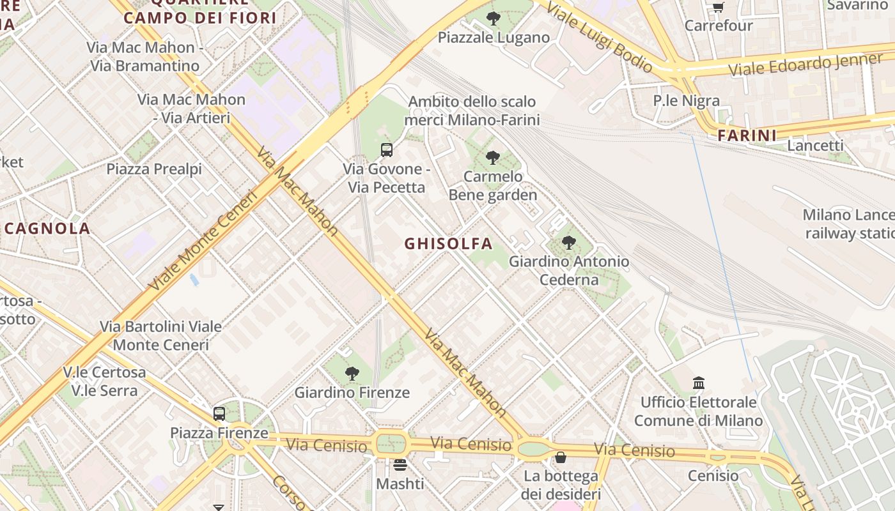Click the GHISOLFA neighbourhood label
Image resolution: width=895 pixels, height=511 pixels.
448,243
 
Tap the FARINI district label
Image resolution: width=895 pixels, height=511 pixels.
747,135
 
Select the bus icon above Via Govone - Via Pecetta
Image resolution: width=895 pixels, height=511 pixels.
387,150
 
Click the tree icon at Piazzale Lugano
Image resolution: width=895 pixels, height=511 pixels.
493,19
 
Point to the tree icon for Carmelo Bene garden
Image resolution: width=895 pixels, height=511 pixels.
492,157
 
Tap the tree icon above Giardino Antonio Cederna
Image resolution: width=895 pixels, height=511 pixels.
568,243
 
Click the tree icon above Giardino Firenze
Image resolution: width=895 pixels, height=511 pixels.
352,374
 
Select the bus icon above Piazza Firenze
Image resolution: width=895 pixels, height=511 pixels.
219,414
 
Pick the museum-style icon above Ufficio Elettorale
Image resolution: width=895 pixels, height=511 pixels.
699,383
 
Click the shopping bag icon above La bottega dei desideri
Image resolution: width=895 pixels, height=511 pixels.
561,457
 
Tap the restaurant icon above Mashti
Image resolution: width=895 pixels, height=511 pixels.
400,464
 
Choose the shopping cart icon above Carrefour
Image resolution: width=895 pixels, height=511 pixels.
719,8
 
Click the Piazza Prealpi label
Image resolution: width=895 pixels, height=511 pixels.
154,169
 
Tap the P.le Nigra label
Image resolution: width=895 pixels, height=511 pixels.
686,100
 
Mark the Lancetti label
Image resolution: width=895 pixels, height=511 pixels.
815,145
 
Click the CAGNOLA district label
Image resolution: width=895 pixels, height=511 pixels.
47,228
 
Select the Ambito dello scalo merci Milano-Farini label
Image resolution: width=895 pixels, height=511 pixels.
472,111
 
